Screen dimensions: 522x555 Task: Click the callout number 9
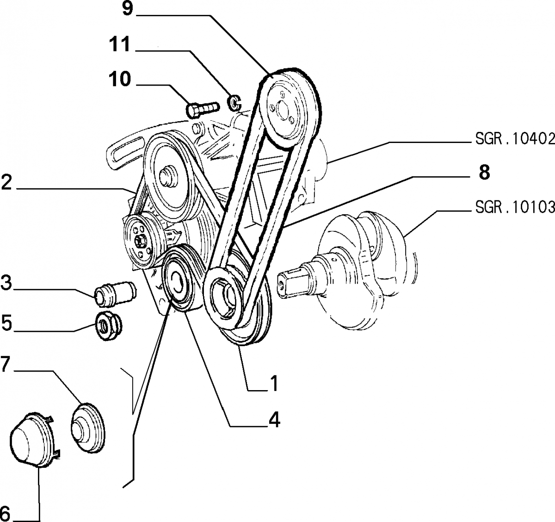click(x=128, y=10)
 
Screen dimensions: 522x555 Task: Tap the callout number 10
click(x=120, y=80)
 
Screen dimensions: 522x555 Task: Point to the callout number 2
click(x=6, y=183)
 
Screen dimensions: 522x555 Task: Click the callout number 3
click(x=6, y=283)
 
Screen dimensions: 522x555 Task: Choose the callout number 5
click(x=6, y=323)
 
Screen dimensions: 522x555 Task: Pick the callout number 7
click(x=6, y=364)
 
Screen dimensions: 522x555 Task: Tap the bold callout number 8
click(x=484, y=173)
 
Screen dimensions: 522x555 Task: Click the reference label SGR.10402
click(x=514, y=139)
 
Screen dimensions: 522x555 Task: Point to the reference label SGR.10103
click(x=514, y=208)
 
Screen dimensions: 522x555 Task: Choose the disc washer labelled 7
click(x=88, y=426)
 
